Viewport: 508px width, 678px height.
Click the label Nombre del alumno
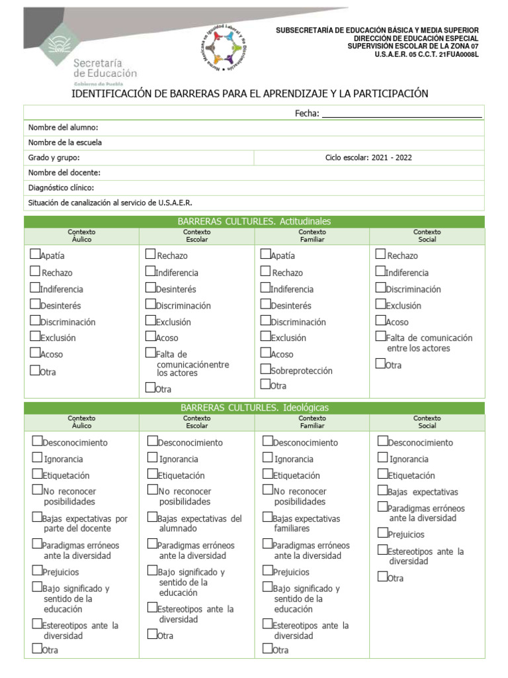[63, 128]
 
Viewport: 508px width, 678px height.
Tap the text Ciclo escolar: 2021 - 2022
[368, 158]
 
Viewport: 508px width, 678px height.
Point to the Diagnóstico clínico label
[65, 188]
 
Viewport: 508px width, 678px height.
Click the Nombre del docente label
[64, 173]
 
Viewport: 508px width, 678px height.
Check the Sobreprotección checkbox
[265, 369]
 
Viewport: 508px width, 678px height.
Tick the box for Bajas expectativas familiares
[267, 517]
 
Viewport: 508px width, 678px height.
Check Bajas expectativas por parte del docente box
[37, 517]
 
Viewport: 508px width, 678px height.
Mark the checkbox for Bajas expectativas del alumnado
[152, 517]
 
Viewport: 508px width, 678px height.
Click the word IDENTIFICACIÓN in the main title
[110, 94]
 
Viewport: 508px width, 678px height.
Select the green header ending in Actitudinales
[254, 221]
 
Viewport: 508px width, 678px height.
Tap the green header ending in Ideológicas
[254, 408]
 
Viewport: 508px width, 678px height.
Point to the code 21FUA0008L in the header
[458, 54]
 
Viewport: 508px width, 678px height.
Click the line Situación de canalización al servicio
[110, 203]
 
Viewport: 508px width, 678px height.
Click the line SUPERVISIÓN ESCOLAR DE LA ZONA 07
[413, 46]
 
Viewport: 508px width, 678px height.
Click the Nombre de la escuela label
[65, 142]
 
